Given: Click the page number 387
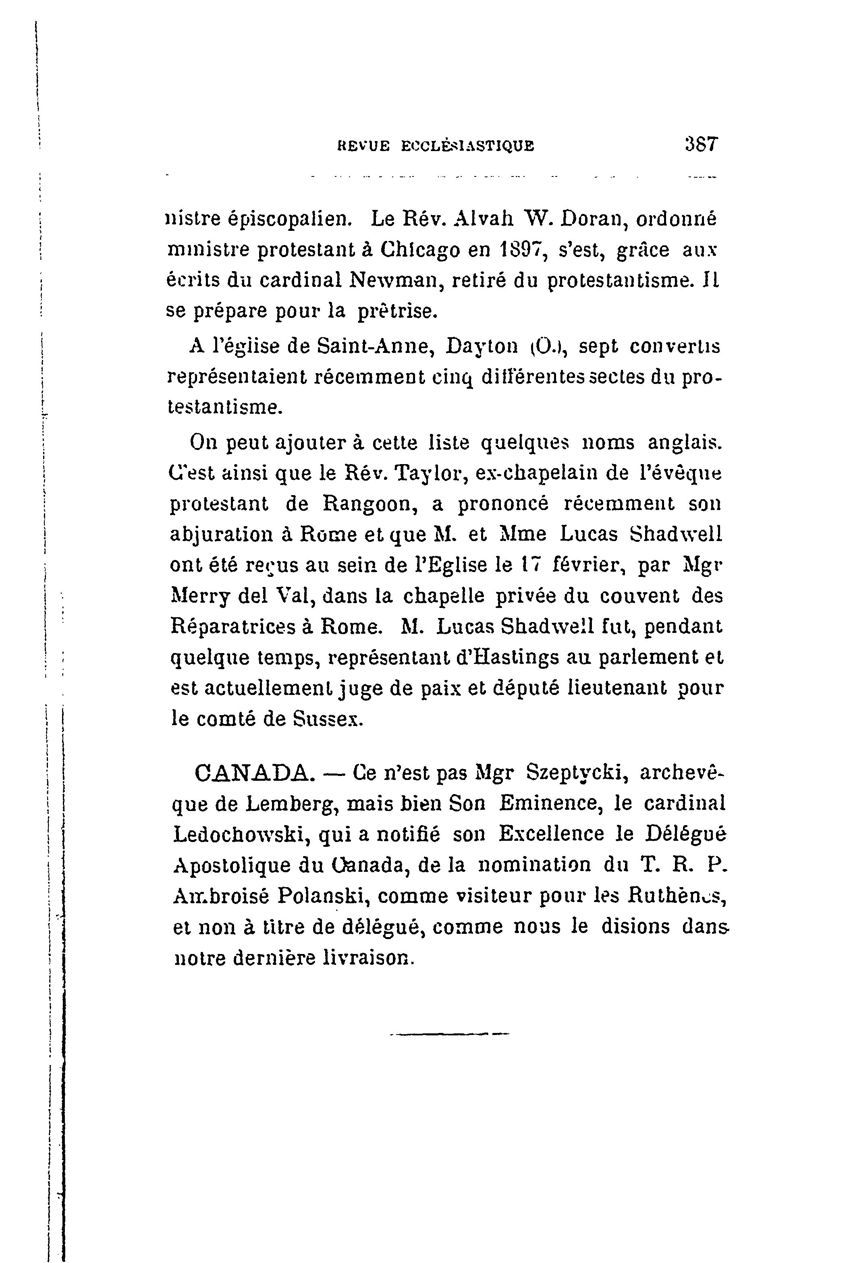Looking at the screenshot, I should point(701,145).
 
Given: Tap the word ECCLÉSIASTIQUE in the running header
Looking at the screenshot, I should point(467,146).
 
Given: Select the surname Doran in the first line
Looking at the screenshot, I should point(592,219).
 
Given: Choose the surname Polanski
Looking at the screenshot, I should point(323,896).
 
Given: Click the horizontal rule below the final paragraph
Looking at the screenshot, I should point(449,1035).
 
